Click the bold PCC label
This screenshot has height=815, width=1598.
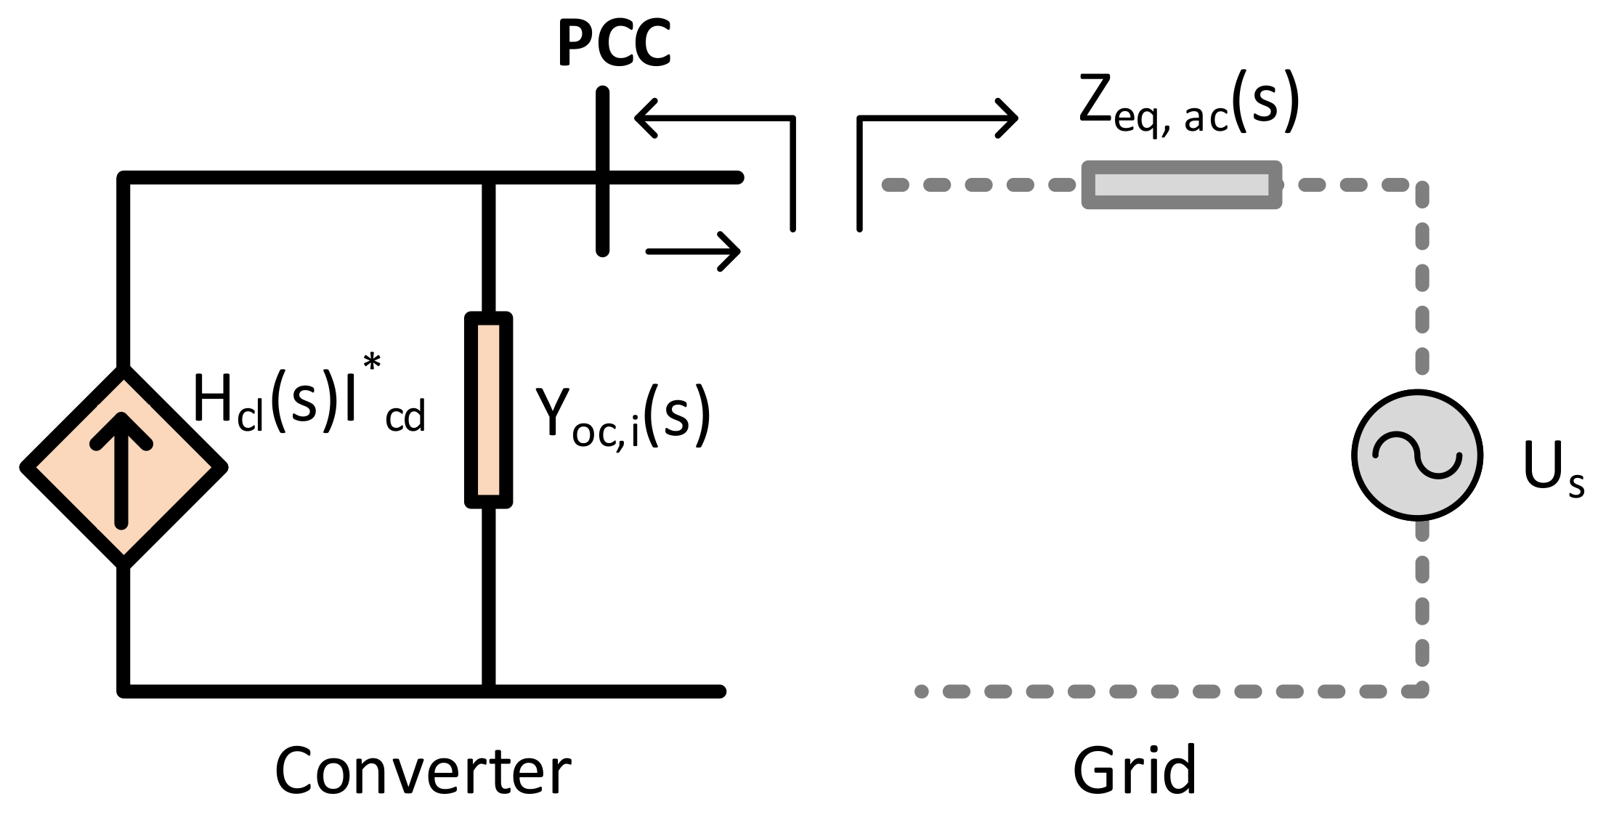614,44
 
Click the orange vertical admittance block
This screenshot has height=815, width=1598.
489,410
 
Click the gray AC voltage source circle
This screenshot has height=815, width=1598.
1416,494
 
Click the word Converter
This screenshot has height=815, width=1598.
423,771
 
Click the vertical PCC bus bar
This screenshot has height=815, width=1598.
602,218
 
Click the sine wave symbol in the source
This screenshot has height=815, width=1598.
1416,455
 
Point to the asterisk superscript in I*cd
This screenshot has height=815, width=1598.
372,361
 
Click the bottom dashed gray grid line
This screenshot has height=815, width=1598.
1162,692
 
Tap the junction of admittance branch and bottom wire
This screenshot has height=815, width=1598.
489,690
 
